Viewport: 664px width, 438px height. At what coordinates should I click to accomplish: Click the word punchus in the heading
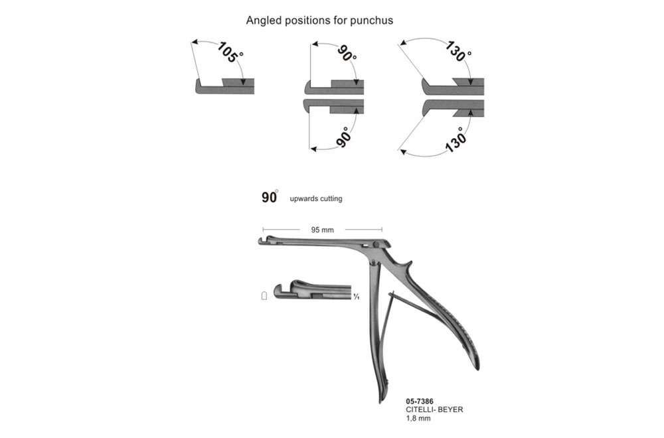coord(371,21)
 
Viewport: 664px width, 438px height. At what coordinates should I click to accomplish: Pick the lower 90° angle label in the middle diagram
coord(345,137)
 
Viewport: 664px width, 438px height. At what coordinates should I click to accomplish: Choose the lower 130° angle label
coord(456,139)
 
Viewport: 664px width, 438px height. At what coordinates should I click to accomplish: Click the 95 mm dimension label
coord(322,230)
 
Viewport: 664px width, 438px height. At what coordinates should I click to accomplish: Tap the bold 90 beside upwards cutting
coord(270,197)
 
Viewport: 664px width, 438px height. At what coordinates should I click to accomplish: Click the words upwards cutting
coord(316,198)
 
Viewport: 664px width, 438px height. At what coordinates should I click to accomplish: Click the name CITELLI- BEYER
coord(434,409)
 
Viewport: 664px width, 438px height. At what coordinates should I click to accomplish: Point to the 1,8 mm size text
coord(418,418)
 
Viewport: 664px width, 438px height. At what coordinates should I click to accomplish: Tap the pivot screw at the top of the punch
coord(376,245)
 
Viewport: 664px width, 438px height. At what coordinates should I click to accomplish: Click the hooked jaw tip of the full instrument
coord(261,241)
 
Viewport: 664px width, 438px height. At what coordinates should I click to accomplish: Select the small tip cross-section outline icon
coord(264,295)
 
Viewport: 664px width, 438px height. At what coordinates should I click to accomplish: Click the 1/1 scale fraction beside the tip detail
coord(357,297)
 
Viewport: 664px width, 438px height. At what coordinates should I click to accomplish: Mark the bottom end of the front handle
coord(380,402)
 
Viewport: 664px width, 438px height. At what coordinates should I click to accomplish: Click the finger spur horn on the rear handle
coord(408,265)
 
